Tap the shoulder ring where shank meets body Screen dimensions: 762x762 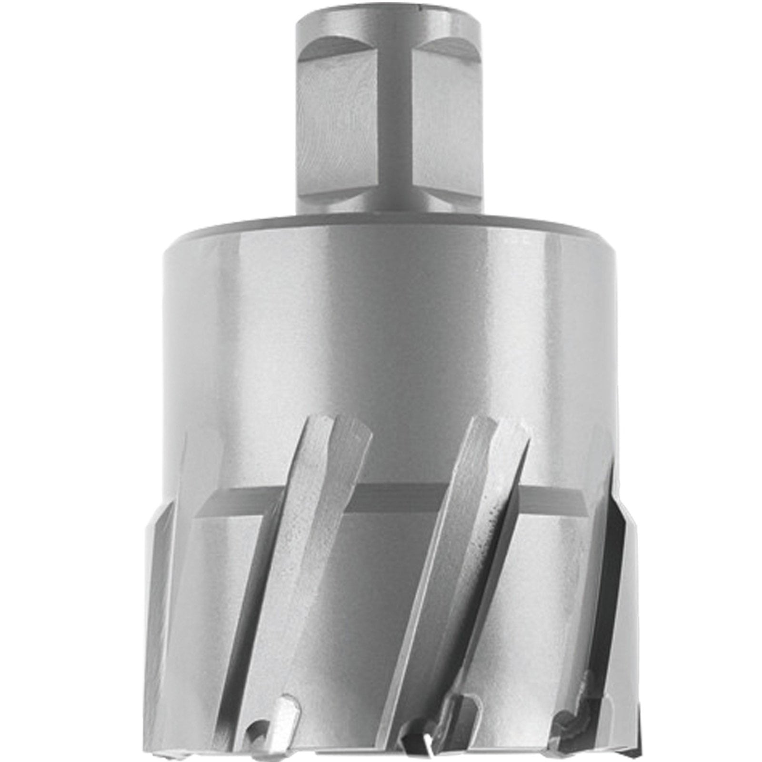click(x=381, y=224)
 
